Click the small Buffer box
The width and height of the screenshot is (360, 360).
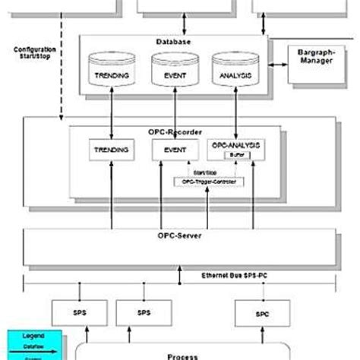coord(233,154)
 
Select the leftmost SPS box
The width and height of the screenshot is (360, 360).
coord(78,311)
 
